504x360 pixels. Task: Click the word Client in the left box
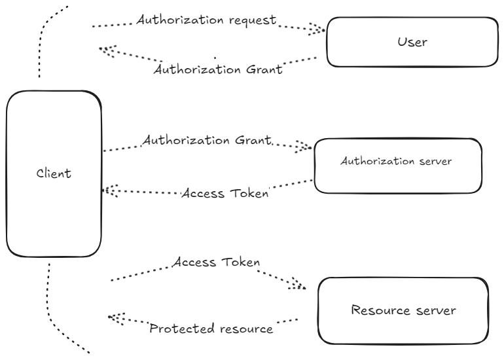[x=54, y=174]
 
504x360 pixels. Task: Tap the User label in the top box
[x=412, y=43]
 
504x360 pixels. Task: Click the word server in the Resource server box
[x=433, y=310]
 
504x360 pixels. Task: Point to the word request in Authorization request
[x=251, y=20]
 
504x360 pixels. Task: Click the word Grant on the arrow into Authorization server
[x=251, y=141]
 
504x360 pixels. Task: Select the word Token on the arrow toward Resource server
[x=240, y=262]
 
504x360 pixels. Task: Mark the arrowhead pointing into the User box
[x=318, y=29]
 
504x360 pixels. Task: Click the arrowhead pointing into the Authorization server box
[x=304, y=147]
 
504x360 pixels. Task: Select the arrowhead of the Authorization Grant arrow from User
[x=106, y=50]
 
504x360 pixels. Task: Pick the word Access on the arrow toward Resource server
[x=194, y=262]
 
